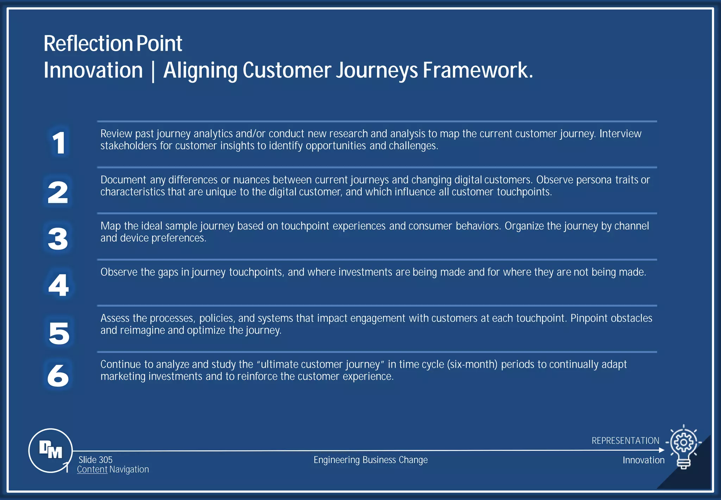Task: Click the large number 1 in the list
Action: (59, 143)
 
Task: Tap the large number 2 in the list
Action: (58, 192)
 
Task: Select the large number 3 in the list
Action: (58, 239)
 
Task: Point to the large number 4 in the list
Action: (58, 285)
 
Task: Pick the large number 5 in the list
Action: (59, 333)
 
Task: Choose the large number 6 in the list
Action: (58, 375)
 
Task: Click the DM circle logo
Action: (51, 450)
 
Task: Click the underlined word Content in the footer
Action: (92, 470)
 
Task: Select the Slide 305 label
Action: (95, 460)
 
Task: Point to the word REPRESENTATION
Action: (625, 441)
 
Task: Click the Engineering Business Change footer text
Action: (370, 460)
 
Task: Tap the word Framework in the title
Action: (478, 70)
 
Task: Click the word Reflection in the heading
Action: (88, 44)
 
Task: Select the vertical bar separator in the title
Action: (153, 71)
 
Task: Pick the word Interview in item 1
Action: (620, 134)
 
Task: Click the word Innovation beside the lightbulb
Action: (643, 460)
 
